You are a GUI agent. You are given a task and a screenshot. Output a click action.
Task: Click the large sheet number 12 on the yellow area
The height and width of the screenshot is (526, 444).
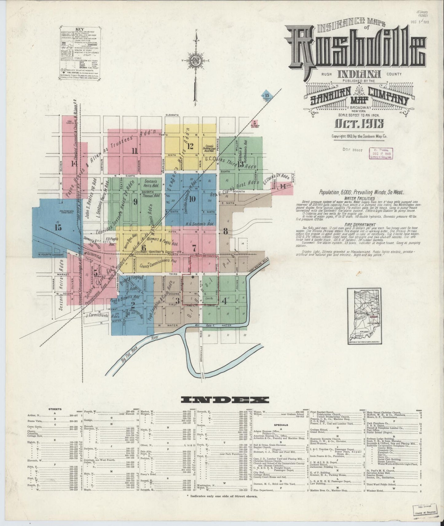[191, 146]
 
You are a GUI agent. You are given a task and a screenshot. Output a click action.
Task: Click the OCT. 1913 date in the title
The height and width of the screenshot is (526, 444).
[357, 124]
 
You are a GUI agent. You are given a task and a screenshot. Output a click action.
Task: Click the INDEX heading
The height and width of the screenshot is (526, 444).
[225, 399]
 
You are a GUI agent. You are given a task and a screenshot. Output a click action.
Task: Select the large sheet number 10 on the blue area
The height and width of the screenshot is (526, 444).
[192, 199]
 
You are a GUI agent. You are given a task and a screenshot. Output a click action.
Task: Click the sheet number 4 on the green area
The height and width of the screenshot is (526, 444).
[225, 301]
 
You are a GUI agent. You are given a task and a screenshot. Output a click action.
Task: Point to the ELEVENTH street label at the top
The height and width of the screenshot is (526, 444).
[172, 115]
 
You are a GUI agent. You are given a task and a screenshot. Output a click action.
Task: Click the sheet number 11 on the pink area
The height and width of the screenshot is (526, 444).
[134, 151]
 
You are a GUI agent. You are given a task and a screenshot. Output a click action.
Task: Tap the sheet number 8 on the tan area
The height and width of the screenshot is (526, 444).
[226, 231]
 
